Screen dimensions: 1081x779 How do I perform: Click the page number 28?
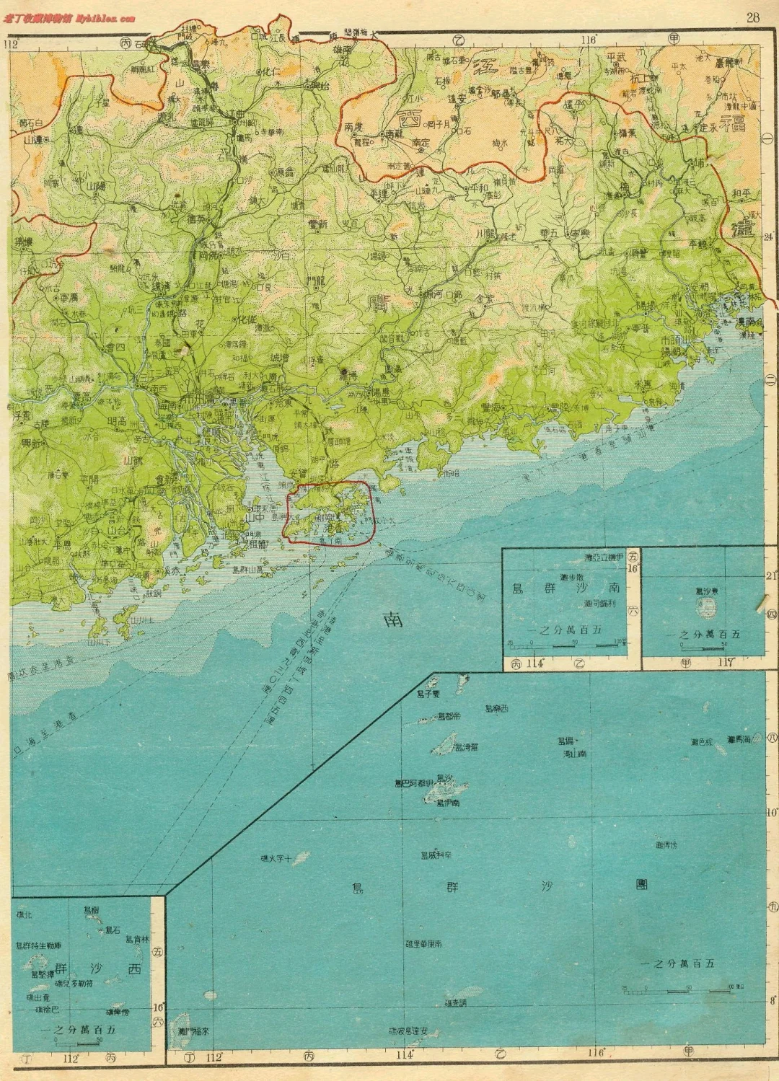(752, 17)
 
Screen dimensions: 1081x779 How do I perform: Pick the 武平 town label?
(617, 57)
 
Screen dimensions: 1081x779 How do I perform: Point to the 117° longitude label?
(725, 663)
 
